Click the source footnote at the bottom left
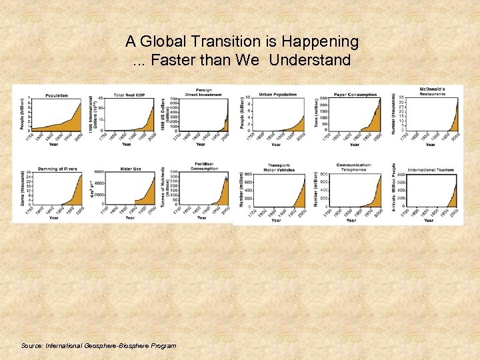(x=99, y=346)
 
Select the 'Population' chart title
(x=57, y=95)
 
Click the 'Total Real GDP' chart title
(x=129, y=95)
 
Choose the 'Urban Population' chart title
(x=277, y=95)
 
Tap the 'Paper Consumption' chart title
(x=355, y=95)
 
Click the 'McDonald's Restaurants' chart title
(x=432, y=91)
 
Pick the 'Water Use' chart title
(x=130, y=169)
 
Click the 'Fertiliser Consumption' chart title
(x=204, y=166)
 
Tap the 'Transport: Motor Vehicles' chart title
(x=280, y=168)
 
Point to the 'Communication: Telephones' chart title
(x=355, y=167)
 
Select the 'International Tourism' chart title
(x=431, y=170)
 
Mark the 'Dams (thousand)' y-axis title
(x=23, y=189)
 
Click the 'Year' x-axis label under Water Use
(x=130, y=217)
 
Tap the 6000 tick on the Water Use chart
(x=99, y=172)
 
